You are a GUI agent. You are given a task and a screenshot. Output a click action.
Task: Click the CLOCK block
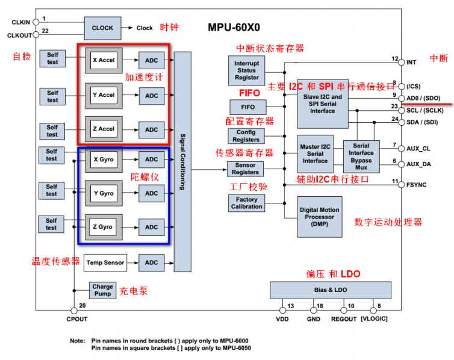(x=102, y=28)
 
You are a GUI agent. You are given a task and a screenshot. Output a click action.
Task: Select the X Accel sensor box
(x=103, y=60)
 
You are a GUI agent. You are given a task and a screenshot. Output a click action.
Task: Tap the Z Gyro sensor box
(x=102, y=227)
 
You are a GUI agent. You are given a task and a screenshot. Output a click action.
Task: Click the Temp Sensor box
(x=105, y=262)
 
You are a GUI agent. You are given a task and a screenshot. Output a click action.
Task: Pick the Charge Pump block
(x=102, y=290)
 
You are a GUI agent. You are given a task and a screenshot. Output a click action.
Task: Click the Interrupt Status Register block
(x=247, y=70)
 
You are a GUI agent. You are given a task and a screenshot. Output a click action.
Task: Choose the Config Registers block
(x=246, y=136)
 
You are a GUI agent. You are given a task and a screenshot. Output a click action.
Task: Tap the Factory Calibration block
(x=247, y=203)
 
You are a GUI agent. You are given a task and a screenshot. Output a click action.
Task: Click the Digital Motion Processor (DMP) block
(x=319, y=217)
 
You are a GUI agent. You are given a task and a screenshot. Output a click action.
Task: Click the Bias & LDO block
(x=330, y=290)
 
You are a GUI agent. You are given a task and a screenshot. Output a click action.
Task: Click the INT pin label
(x=411, y=62)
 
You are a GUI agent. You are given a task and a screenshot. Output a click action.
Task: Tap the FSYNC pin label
(x=416, y=185)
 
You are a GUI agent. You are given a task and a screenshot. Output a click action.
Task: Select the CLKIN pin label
(x=21, y=22)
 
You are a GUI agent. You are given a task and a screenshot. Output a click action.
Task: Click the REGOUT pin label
(x=344, y=318)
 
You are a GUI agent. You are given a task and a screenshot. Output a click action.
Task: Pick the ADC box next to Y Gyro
(x=152, y=193)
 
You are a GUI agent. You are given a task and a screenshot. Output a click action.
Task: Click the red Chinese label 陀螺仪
(x=145, y=177)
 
